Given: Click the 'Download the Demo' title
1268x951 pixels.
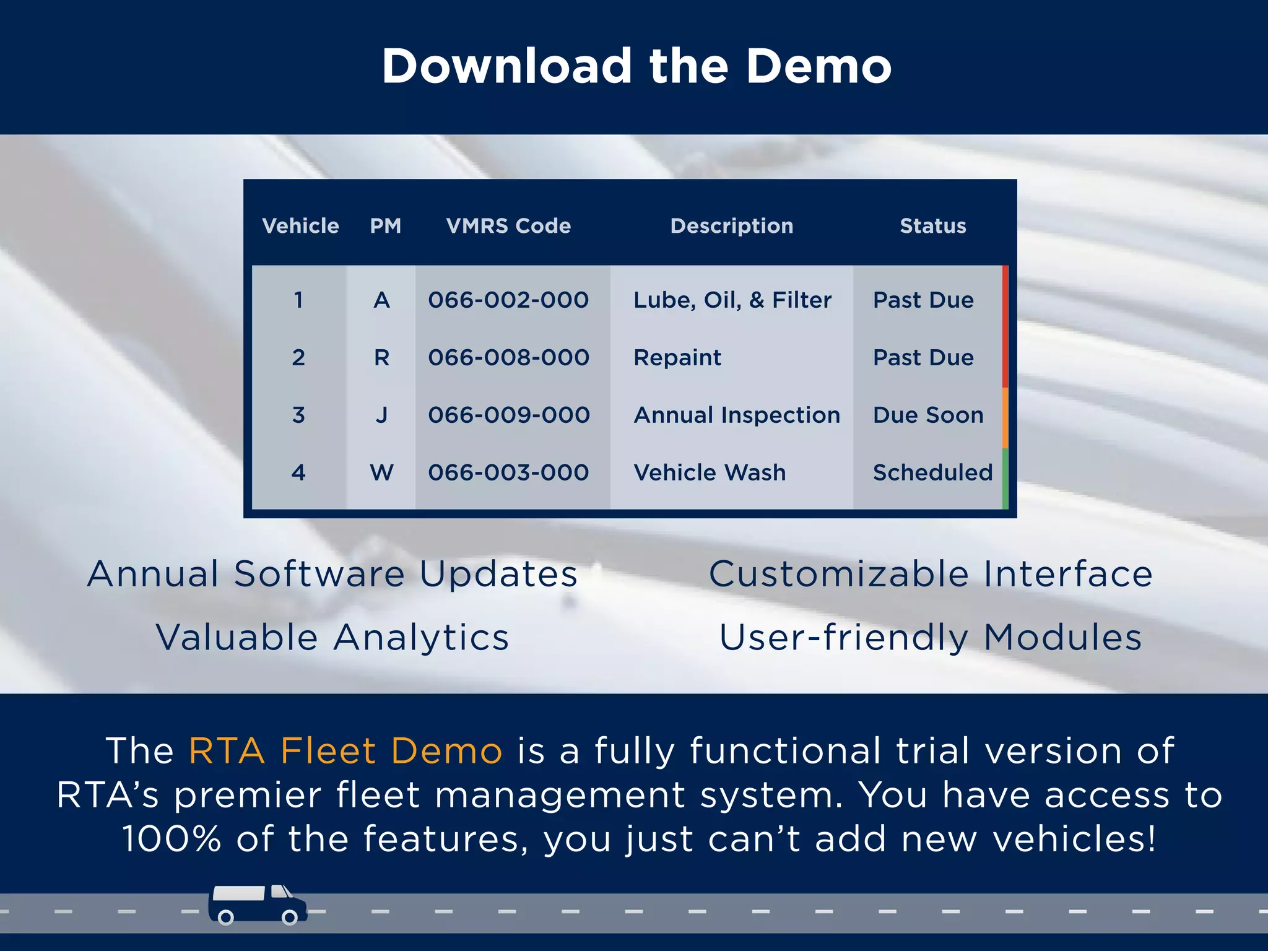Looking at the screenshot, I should coord(636,66).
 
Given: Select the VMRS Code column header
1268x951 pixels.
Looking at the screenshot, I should coord(508,226).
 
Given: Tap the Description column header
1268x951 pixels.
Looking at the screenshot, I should coord(731,226).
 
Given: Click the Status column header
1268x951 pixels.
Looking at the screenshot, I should coord(932,226).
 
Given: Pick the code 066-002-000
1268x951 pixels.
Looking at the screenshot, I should coord(508,300).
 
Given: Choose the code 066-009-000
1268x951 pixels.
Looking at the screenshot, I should coord(508,415).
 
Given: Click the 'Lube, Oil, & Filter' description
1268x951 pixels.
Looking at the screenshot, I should coord(732,300).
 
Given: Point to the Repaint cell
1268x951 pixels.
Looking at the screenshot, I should coord(677,358).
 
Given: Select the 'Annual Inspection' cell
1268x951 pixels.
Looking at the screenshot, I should coord(737,415).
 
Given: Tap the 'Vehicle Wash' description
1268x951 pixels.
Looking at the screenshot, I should coord(710,473).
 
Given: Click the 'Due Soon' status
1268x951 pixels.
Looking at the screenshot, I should coord(928,415).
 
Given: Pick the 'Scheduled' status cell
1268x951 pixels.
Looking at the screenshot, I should coord(932,473).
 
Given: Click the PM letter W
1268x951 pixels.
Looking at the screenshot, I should coord(381,473).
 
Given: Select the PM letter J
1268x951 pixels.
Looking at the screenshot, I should coord(381,415).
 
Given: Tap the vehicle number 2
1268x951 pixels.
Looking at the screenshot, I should coord(298,358).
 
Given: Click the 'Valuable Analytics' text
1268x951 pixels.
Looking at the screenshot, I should coord(332,638).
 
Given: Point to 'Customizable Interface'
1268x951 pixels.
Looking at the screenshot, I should coord(931,574).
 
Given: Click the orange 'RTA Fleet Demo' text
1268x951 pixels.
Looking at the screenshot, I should coord(345,751).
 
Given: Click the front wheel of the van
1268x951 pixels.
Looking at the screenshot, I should coord(289,917).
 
